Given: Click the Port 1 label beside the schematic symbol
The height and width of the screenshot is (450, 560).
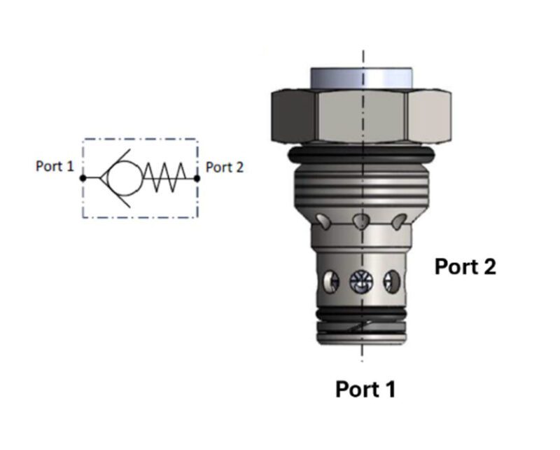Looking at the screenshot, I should tap(55, 168).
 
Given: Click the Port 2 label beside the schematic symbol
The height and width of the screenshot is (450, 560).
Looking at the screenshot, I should tap(224, 168).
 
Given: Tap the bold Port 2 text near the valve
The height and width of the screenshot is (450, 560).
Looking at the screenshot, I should tap(465, 267).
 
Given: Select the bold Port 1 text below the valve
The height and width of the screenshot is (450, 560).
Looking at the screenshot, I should tap(365, 389).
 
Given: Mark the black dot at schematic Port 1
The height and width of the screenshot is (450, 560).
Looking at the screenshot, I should tap(83, 178).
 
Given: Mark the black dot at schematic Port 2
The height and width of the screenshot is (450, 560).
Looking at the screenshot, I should tap(197, 178).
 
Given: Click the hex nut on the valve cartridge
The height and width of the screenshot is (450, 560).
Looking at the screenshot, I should tap(361, 116).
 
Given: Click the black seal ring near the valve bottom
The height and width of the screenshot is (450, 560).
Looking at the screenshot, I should tap(361, 313).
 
